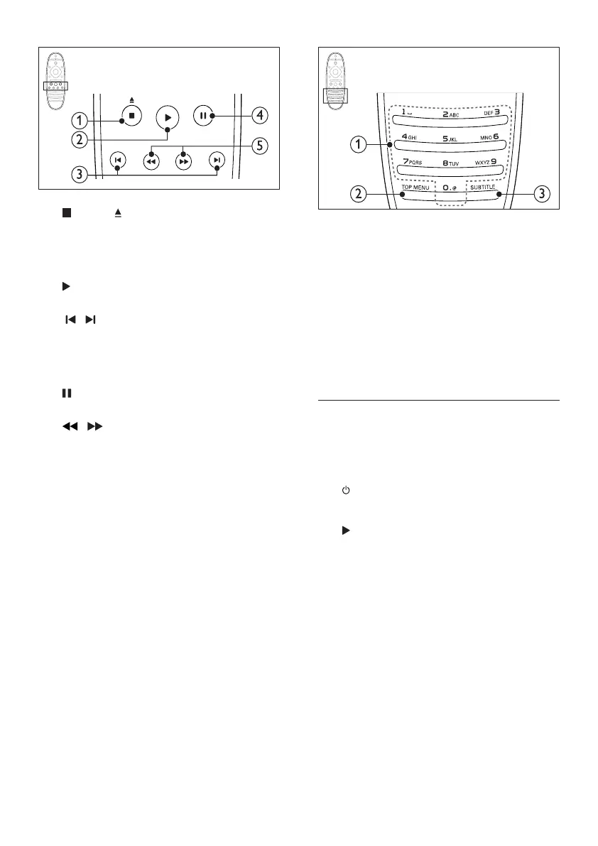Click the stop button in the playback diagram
[131, 114]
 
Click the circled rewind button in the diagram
[150, 161]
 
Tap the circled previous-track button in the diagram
[116, 160]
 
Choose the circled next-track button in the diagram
[216, 160]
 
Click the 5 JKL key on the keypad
[449, 139]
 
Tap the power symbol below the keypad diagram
[346, 491]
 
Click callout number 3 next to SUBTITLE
[543, 194]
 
